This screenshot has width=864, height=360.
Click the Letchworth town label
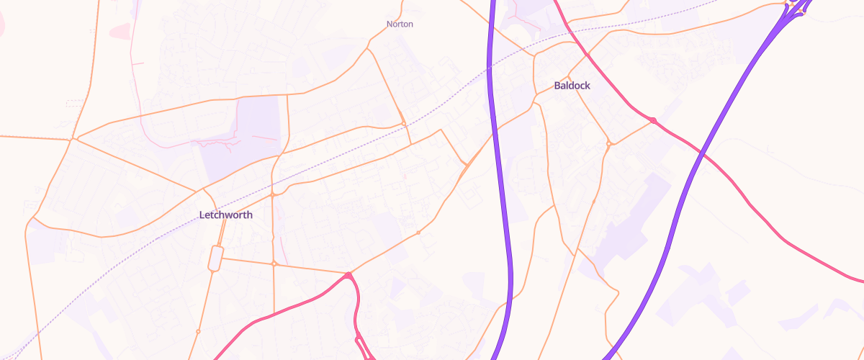point(225,215)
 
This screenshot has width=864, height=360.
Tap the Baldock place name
point(572,86)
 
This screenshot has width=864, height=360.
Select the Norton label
point(400,24)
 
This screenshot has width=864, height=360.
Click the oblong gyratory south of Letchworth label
point(215,258)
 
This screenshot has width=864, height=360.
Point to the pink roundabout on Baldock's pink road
point(652,120)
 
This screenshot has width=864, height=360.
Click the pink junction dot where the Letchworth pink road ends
point(348,275)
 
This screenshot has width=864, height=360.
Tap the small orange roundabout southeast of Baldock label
point(609,144)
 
